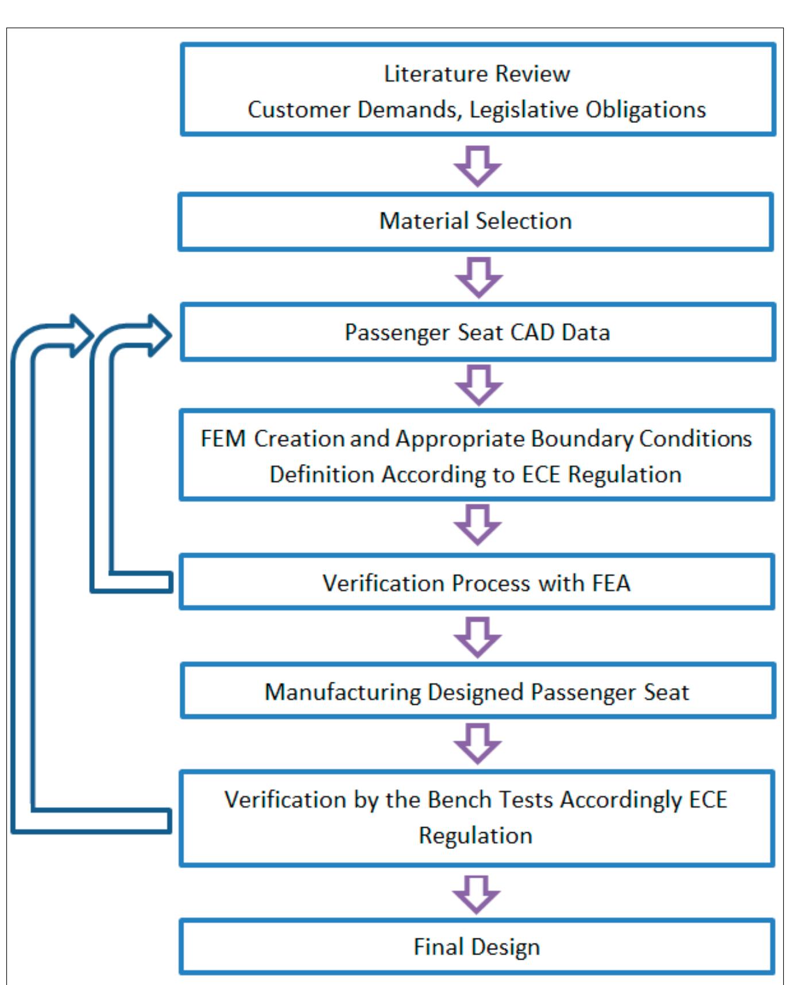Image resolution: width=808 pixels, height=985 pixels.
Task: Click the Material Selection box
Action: [x=475, y=221]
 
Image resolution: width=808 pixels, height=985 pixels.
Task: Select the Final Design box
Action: [x=477, y=946]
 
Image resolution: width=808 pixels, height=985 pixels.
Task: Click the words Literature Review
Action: [x=477, y=74]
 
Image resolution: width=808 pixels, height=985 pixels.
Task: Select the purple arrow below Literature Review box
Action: [x=477, y=165]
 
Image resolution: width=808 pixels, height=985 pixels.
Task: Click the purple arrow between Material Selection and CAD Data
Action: [x=478, y=277]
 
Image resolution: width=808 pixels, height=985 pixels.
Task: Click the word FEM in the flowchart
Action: [x=223, y=438]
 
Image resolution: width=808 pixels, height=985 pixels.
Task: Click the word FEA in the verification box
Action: [x=612, y=583]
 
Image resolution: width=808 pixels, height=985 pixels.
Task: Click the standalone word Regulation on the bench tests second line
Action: [x=475, y=835]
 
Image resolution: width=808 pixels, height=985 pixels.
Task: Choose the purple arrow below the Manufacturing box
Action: [x=477, y=743]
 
